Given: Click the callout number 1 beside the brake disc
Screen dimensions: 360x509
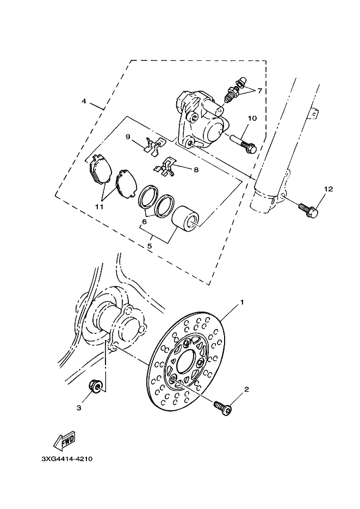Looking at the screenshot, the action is point(242,302).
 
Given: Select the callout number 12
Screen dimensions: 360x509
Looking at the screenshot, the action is point(328,189).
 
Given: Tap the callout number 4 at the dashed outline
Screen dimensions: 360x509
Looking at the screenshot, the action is point(84,101).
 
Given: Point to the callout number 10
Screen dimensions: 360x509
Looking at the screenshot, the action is point(252,118).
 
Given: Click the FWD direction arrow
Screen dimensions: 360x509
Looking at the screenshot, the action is point(65,442).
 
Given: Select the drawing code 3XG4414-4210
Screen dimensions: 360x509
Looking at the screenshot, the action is point(67,459).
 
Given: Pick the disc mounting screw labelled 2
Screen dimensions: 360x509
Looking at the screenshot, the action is point(222,408).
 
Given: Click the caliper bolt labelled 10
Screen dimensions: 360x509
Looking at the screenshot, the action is point(244,144).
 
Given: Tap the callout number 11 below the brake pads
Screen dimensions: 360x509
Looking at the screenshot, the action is point(100,207).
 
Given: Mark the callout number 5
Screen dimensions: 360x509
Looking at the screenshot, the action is point(150,246).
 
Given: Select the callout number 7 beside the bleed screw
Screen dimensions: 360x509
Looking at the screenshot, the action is point(260,91).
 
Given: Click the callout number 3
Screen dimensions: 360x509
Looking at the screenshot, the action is point(79,408).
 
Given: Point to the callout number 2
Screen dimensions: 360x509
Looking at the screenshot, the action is point(246,389).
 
